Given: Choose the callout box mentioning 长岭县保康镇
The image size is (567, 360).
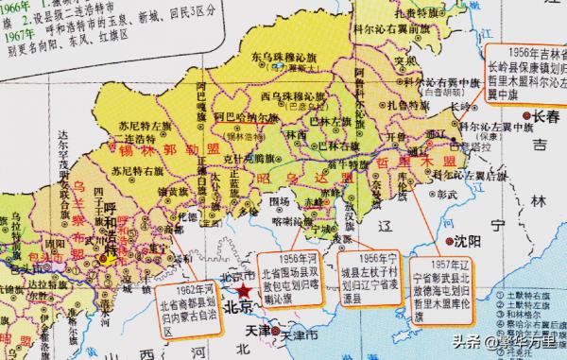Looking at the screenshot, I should point(527,69).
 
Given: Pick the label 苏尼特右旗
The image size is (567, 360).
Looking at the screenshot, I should point(132,171).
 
